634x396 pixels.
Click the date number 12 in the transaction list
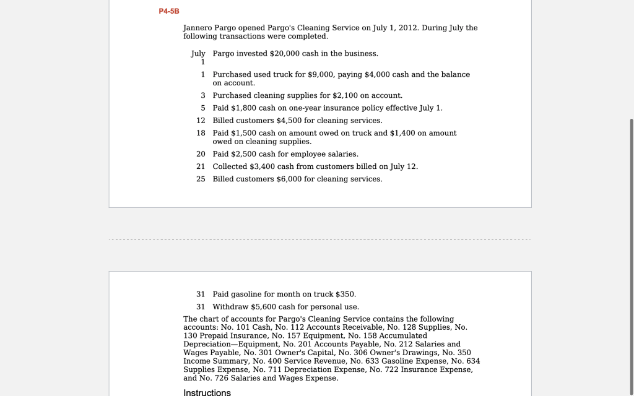pyautogui.click(x=201, y=121)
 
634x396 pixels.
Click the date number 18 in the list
pyautogui.click(x=201, y=133)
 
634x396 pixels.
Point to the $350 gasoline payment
pyautogui.click(x=345, y=294)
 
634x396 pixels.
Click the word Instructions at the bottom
pyautogui.click(x=207, y=392)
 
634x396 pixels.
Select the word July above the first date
pyautogui.click(x=198, y=54)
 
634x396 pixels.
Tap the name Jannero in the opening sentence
pyautogui.click(x=198, y=28)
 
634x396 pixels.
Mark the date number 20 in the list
pyautogui.click(x=201, y=154)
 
